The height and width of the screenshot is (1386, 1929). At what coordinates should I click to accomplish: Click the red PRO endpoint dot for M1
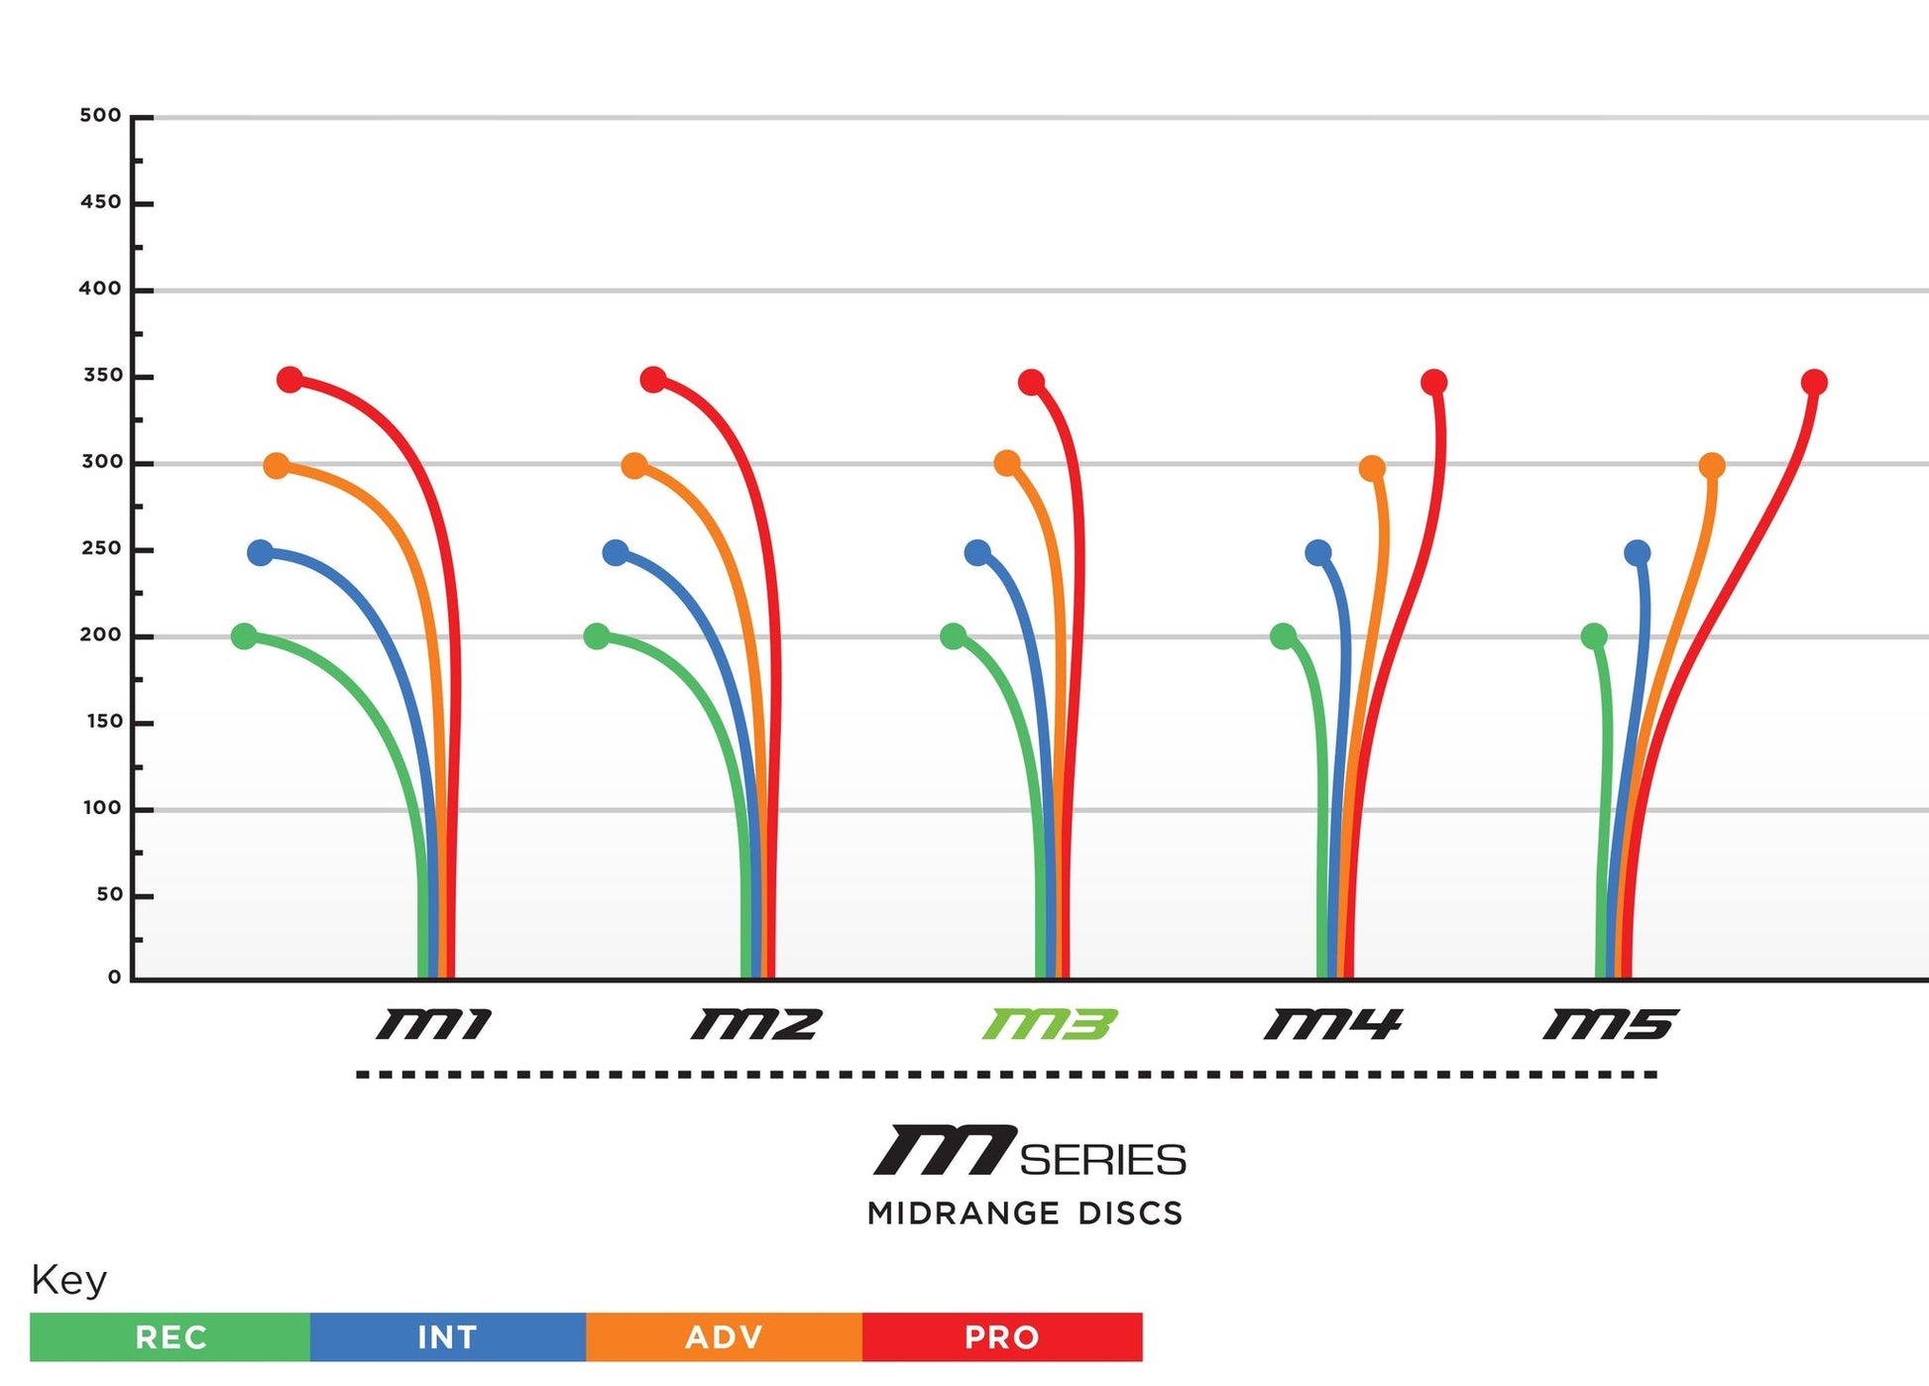pyautogui.click(x=289, y=380)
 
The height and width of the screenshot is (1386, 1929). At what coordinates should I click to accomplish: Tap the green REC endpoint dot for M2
pyautogui.click(x=597, y=636)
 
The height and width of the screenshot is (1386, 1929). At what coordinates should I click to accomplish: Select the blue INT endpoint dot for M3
pyautogui.click(x=977, y=553)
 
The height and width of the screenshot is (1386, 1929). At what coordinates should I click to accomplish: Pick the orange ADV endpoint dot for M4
pyautogui.click(x=1372, y=468)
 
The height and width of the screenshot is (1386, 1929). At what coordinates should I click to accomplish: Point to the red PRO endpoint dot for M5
pyautogui.click(x=1814, y=383)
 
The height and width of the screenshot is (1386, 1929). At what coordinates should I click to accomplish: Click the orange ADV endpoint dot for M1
pyautogui.click(x=277, y=466)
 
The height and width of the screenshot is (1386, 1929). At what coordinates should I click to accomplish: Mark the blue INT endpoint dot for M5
pyautogui.click(x=1638, y=553)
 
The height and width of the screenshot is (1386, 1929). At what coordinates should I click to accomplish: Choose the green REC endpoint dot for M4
pyautogui.click(x=1283, y=636)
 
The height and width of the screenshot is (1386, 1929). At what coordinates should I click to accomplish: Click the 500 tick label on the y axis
pyautogui.click(x=100, y=116)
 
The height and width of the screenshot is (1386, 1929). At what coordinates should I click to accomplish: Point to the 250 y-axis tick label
pyautogui.click(x=101, y=549)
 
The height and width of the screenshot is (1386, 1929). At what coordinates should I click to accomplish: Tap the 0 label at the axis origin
pyautogui.click(x=115, y=978)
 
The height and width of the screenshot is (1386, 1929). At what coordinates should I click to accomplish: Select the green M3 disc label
pyautogui.click(x=1050, y=1024)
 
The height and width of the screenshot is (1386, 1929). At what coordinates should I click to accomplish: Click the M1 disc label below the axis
pyautogui.click(x=433, y=1024)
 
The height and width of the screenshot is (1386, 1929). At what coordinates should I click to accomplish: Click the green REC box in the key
pyautogui.click(x=170, y=1337)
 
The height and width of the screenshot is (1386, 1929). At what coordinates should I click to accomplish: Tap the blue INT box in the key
pyautogui.click(x=448, y=1337)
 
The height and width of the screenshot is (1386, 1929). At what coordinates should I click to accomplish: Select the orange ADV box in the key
pyautogui.click(x=725, y=1337)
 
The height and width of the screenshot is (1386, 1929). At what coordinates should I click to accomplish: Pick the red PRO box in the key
pyautogui.click(x=1002, y=1337)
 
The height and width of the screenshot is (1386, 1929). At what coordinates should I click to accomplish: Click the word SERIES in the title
pyautogui.click(x=1102, y=1160)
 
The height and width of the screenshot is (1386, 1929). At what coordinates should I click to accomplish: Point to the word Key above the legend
pyautogui.click(x=68, y=1280)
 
